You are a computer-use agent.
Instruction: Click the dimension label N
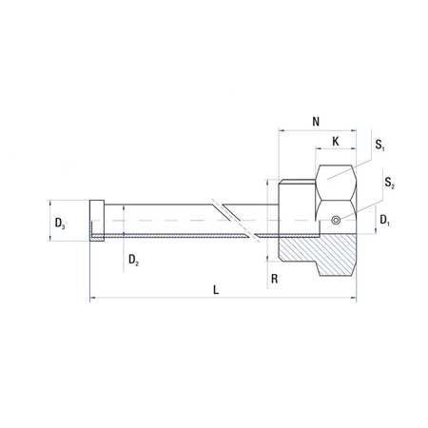coord(317,121)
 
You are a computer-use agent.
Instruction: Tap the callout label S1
coord(380,146)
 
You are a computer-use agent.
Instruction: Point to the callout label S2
coord(389,180)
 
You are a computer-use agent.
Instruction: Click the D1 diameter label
coord(384,220)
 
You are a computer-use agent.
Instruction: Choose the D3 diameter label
coord(60,224)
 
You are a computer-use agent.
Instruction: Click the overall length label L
coord(217,291)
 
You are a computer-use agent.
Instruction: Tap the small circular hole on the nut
coord(336,222)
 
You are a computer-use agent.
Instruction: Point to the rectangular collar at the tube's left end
coord(96,222)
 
